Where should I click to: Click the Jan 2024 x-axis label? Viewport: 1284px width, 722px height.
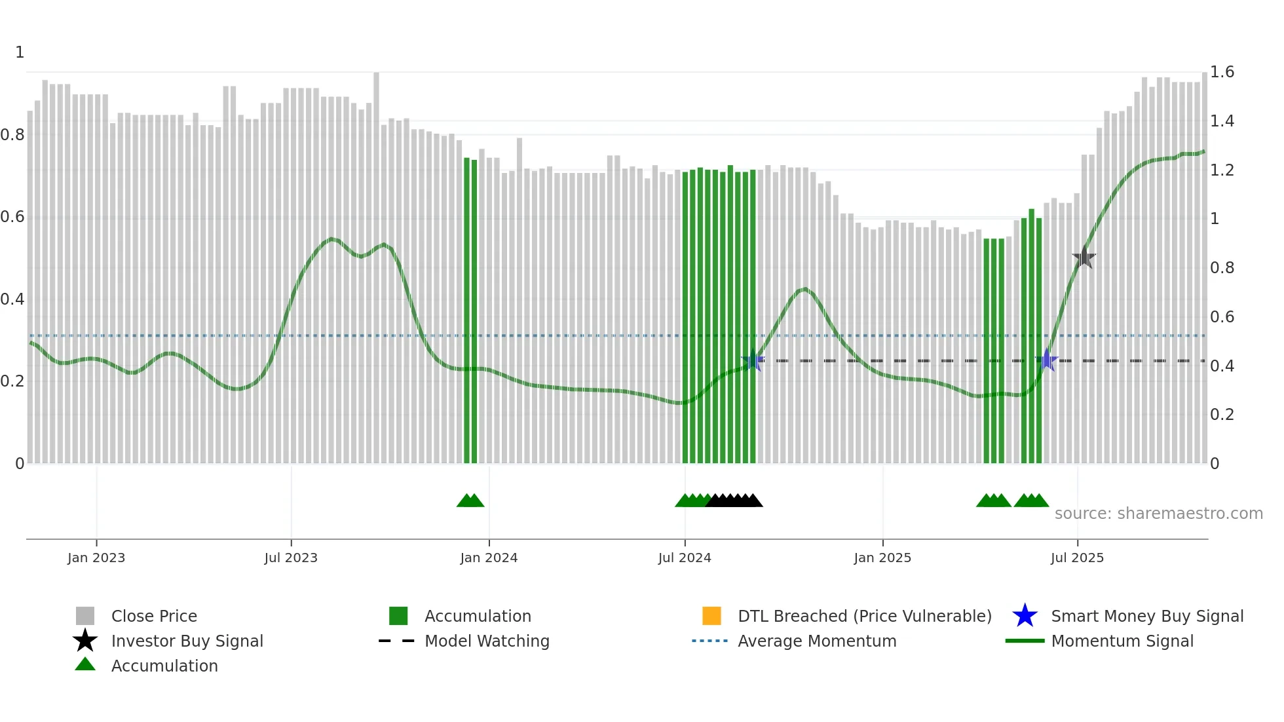[489, 558]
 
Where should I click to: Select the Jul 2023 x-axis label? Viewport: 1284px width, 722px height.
[291, 558]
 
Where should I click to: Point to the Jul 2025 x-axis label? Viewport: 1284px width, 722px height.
[1077, 558]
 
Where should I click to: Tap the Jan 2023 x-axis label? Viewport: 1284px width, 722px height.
[96, 558]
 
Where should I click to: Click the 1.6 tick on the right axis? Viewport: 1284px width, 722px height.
[1222, 72]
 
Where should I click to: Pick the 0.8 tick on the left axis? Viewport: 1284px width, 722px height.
[12, 135]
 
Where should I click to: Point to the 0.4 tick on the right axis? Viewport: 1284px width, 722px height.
[1222, 366]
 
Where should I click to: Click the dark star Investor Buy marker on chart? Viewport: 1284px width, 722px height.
[1084, 257]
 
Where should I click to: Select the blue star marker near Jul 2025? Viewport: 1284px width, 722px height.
[1047, 360]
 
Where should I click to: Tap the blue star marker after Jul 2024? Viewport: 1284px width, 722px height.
[753, 361]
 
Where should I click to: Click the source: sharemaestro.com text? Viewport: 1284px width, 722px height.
[1158, 514]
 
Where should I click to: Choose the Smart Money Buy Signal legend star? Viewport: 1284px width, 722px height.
[1025, 616]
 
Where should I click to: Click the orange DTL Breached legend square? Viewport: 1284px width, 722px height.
[711, 616]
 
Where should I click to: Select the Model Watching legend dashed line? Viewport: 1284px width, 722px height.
[396, 641]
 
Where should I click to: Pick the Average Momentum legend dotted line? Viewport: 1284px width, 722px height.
[709, 641]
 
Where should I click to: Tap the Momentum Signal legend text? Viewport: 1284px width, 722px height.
[1122, 641]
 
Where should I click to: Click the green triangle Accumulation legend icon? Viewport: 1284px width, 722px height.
[85, 664]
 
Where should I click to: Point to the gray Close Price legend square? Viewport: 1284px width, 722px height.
[85, 616]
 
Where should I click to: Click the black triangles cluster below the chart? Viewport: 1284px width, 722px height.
[734, 501]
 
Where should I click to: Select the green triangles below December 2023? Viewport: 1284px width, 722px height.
[470, 501]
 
